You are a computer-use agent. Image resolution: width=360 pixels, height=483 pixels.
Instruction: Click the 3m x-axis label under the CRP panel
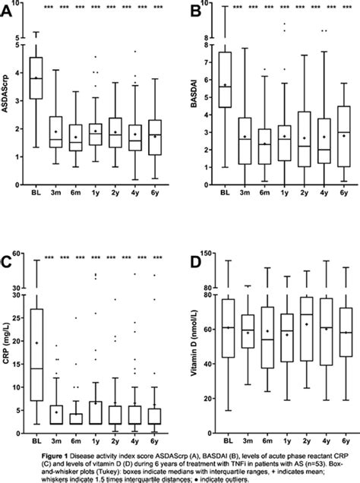[x=56, y=443]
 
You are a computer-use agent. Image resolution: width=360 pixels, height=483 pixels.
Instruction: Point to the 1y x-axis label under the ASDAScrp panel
[x=96, y=194]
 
